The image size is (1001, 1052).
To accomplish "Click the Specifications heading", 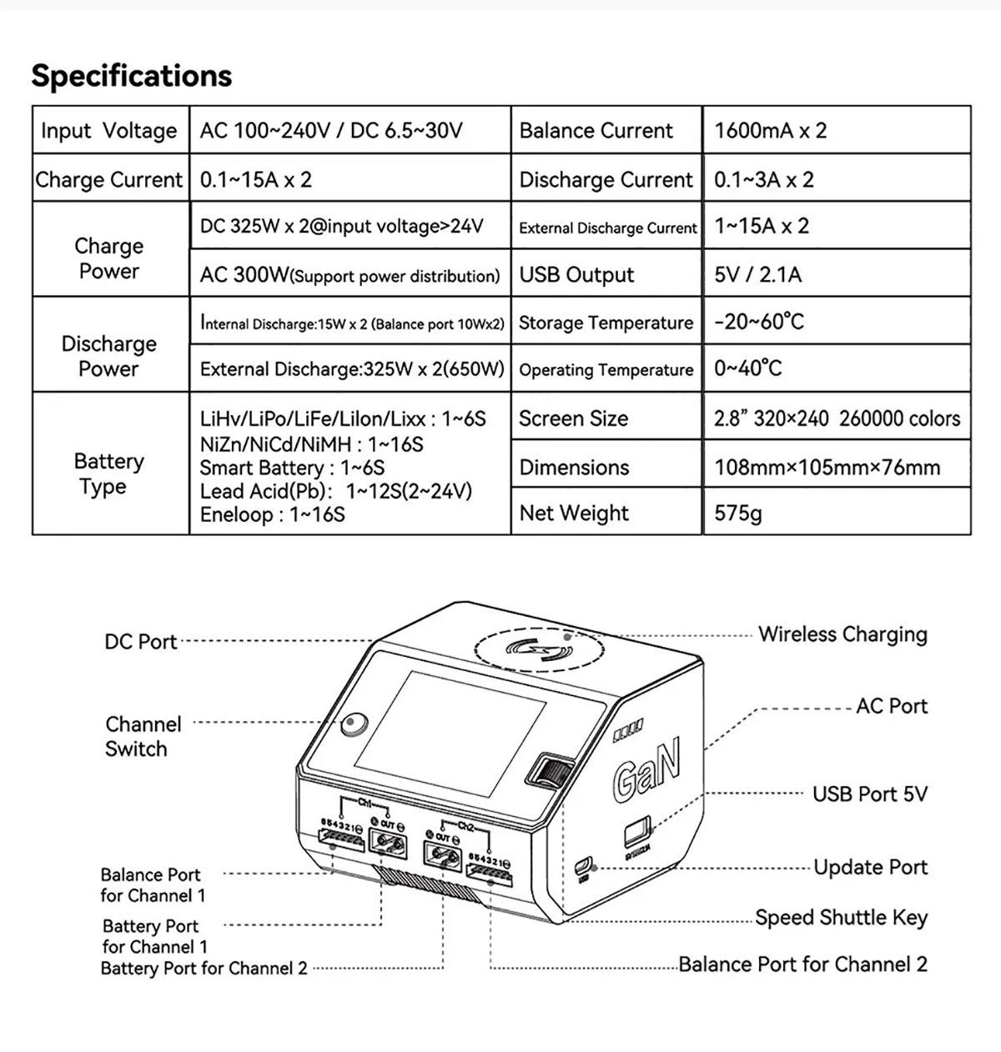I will [132, 76].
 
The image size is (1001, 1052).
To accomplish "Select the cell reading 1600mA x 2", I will [770, 131].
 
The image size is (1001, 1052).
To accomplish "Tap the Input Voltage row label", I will [109, 131].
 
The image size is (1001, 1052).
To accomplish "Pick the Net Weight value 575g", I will [738, 513].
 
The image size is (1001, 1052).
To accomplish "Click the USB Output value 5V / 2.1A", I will [757, 274].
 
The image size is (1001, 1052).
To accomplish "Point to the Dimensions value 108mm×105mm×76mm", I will [827, 467].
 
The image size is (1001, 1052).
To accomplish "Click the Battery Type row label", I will [108, 473].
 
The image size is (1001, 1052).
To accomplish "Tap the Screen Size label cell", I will [573, 418].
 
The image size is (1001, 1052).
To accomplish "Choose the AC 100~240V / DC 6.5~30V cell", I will [331, 131].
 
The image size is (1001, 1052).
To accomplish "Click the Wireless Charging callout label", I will [843, 634].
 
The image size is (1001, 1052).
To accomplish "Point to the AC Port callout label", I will [892, 706].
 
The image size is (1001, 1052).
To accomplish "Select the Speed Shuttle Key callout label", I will [841, 918].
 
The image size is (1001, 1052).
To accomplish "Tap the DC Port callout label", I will [140, 642].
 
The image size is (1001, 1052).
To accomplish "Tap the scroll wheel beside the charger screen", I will [551, 773].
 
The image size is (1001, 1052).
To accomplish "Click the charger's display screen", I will [450, 732].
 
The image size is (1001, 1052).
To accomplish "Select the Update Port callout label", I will [870, 868].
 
